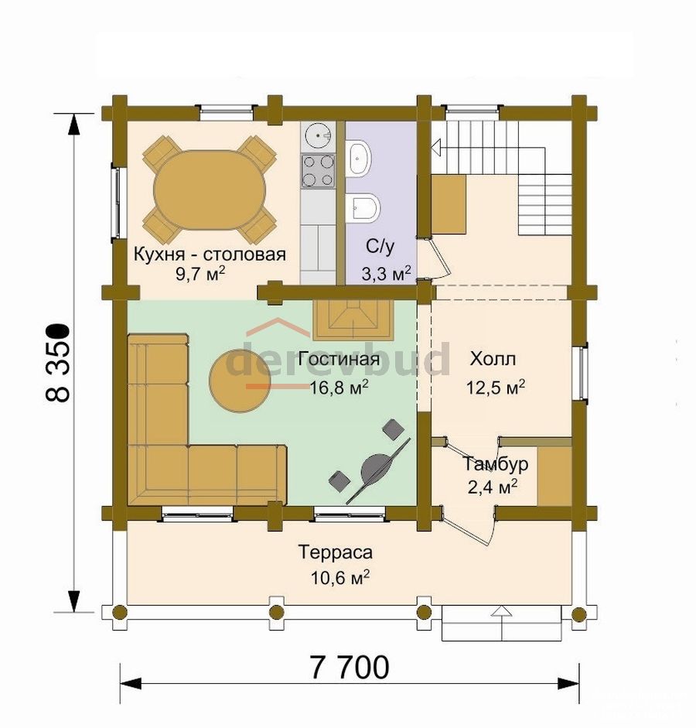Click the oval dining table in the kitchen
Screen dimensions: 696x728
(x=210, y=190)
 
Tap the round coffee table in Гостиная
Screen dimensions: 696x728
(x=240, y=381)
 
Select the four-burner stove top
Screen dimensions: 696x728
(x=319, y=170)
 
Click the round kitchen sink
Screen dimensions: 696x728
(x=319, y=135)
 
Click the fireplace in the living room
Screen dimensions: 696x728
(x=353, y=320)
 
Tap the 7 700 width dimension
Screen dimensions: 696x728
(x=349, y=668)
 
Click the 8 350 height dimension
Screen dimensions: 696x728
(x=59, y=361)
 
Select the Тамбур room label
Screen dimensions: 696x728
(x=495, y=463)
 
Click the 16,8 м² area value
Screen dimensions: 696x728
(x=339, y=387)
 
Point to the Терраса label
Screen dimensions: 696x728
(x=335, y=552)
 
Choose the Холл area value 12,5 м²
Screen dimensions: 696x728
(x=496, y=387)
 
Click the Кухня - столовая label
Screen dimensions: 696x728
(x=210, y=255)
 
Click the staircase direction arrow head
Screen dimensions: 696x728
(x=436, y=148)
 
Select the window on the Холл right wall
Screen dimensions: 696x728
(x=581, y=372)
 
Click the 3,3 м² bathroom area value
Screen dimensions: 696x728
(x=386, y=274)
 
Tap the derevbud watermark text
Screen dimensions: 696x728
(x=339, y=359)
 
